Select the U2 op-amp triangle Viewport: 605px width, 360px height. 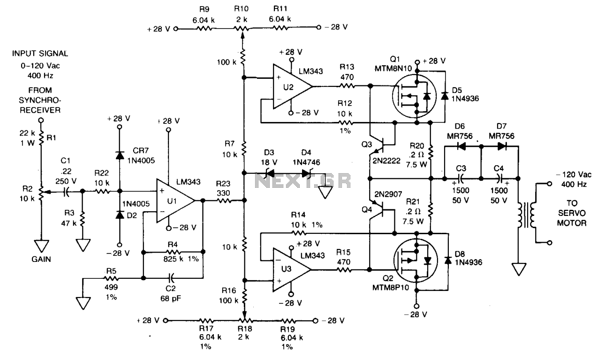pyautogui.click(x=292, y=86)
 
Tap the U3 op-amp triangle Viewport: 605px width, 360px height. pyautogui.click(x=292, y=269)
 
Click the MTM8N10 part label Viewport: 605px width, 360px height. pyautogui.click(x=393, y=69)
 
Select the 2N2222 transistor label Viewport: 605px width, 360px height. pyautogui.click(x=386, y=161)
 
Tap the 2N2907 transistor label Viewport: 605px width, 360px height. pyautogui.click(x=388, y=194)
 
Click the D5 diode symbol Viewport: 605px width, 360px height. pyautogui.click(x=445, y=96)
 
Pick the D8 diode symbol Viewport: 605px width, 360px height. pyautogui.click(x=448, y=260)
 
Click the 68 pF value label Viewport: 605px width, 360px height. pyautogui.click(x=171, y=299)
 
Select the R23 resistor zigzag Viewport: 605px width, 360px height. pyautogui.click(x=224, y=200)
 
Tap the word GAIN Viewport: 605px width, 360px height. pyautogui.click(x=41, y=260)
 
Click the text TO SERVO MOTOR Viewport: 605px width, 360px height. pyautogui.click(x=572, y=213)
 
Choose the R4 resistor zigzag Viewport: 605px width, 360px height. pyautogui.click(x=173, y=252)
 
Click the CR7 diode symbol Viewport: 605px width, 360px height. pyautogui.click(x=120, y=155)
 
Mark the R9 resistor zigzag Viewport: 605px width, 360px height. pyautogui.click(x=204, y=28)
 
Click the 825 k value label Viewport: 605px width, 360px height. pyautogui.click(x=173, y=259)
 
